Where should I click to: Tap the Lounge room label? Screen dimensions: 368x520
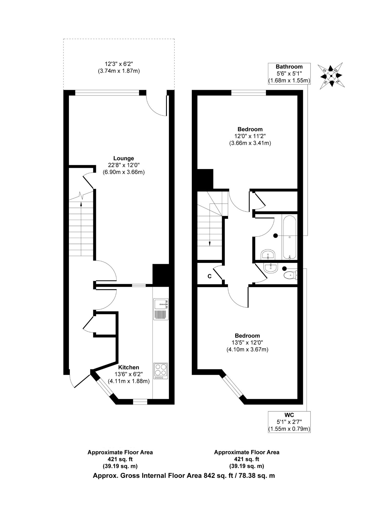(124, 158)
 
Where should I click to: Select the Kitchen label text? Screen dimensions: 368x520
(129, 367)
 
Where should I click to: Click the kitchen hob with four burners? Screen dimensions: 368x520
(161, 371)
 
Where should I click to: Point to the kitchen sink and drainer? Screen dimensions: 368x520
(161, 309)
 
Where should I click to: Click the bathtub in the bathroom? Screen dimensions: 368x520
(289, 237)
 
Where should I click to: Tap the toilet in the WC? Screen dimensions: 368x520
(291, 275)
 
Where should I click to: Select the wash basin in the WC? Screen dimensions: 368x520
(271, 268)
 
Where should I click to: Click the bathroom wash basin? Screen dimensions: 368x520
(268, 255)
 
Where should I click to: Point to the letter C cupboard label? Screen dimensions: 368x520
(210, 276)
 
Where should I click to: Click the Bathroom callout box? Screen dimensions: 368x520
(289, 74)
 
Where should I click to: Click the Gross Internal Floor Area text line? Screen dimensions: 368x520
(184, 476)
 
